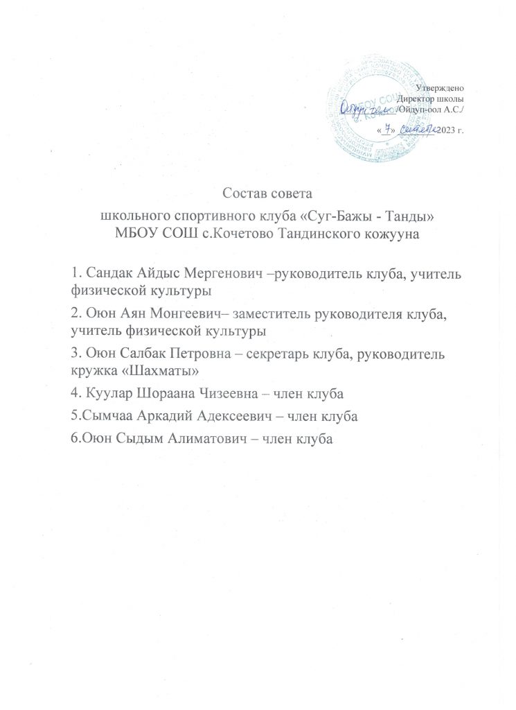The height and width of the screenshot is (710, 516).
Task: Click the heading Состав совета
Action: point(258,191)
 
